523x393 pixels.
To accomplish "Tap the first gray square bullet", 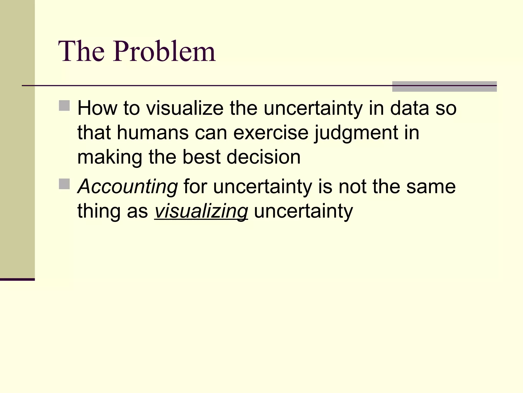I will [x=64, y=105].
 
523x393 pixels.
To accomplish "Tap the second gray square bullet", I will [x=64, y=184].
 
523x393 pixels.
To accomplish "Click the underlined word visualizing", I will [x=201, y=211].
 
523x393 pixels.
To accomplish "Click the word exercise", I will [x=271, y=133].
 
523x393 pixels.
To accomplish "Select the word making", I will [x=110, y=158].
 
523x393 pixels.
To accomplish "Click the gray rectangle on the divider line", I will [x=444, y=86].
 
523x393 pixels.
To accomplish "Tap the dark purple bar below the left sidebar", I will [x=17, y=279].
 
